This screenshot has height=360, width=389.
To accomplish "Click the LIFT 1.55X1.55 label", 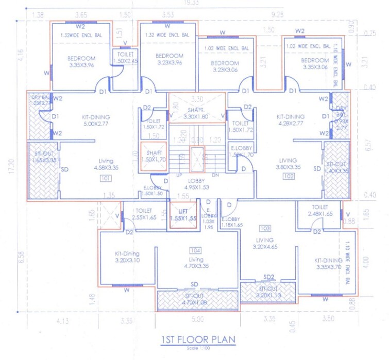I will pyautogui.click(x=183, y=215).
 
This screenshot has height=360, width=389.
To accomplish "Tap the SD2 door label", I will pyautogui.click(x=268, y=277).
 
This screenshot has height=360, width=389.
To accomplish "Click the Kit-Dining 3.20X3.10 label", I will pyautogui.click(x=128, y=256).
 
